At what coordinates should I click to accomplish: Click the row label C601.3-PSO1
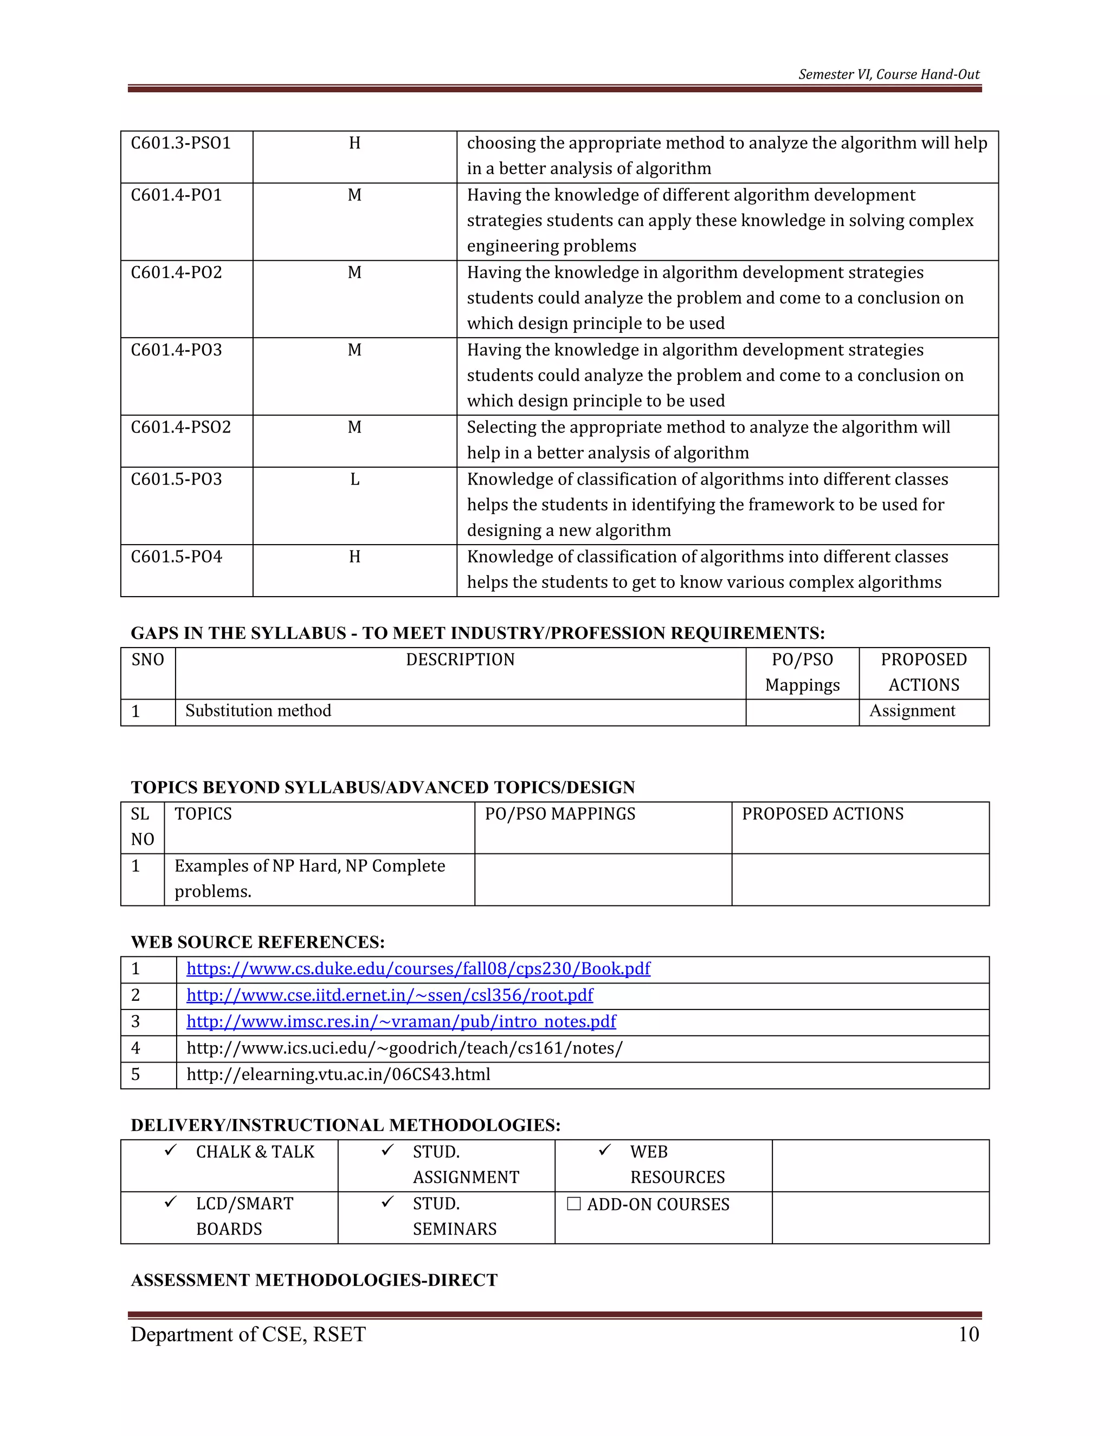click(181, 144)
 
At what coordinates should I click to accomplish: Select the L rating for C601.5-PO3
click(354, 480)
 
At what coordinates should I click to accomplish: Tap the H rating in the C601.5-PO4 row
click(354, 557)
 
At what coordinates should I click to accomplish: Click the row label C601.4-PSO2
click(181, 428)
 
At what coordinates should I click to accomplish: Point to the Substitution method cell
click(259, 711)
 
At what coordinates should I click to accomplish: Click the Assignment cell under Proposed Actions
click(912, 711)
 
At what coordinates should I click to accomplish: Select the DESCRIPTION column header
click(460, 659)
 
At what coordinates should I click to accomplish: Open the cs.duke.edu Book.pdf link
click(418, 968)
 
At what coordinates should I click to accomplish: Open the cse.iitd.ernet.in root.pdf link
click(389, 995)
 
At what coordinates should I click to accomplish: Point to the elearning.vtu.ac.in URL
click(338, 1075)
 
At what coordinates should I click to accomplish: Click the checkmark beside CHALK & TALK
click(171, 1150)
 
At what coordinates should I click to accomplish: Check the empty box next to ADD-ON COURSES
click(573, 1204)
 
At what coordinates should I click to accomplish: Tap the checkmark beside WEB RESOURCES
click(605, 1150)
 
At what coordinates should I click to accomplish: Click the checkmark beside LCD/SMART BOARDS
click(171, 1202)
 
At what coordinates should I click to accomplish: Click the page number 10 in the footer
click(969, 1334)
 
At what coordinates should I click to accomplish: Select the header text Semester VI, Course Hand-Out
click(888, 74)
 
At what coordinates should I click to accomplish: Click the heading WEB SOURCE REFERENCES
click(258, 942)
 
